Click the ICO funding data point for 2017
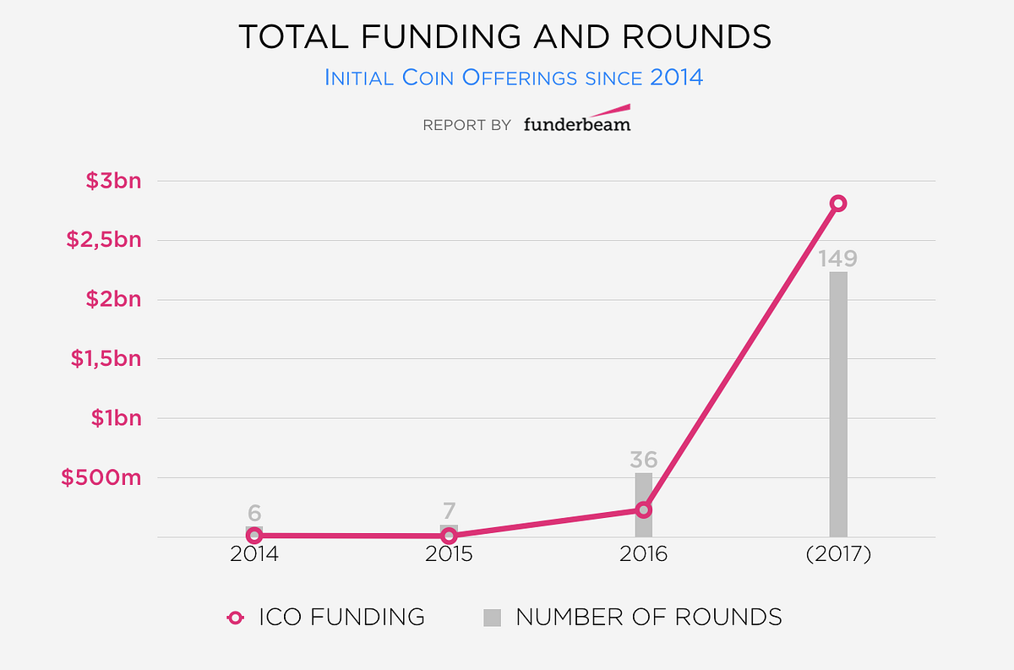click(837, 203)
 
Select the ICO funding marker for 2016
click(643, 509)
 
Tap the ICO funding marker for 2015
click(449, 536)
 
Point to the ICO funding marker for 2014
click(254, 535)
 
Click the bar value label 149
click(837, 258)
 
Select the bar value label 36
click(643, 460)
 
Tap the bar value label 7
click(449, 511)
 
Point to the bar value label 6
click(254, 513)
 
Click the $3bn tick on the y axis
click(113, 181)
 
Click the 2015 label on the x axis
click(449, 555)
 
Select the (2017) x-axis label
click(837, 555)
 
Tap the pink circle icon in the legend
click(236, 618)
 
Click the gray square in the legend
click(492, 618)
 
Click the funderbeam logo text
click(576, 123)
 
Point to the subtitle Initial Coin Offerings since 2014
click(514, 78)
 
